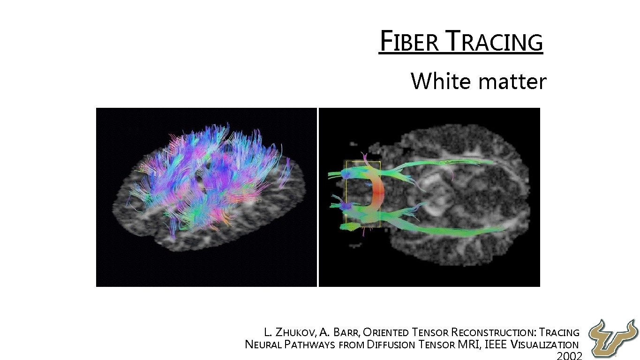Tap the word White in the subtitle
coord(441,81)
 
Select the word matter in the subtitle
coord(513,82)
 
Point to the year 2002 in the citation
coord(569,355)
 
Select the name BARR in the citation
coord(346,333)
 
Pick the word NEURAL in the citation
coord(263,345)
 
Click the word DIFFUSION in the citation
coord(391,345)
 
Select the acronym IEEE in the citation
coord(495,345)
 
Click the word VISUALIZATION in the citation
coord(544,345)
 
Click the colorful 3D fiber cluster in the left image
coord(206,173)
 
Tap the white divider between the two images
coord(318,197)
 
